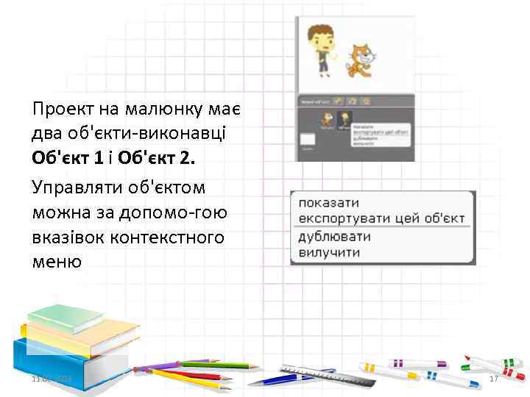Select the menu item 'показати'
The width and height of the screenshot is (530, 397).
[325, 202]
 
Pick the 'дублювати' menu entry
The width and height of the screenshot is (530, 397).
[334, 237]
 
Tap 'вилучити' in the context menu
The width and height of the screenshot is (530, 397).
[328, 252]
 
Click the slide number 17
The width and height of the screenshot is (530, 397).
[494, 378]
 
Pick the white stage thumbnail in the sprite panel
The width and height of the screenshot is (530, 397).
[307, 138]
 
